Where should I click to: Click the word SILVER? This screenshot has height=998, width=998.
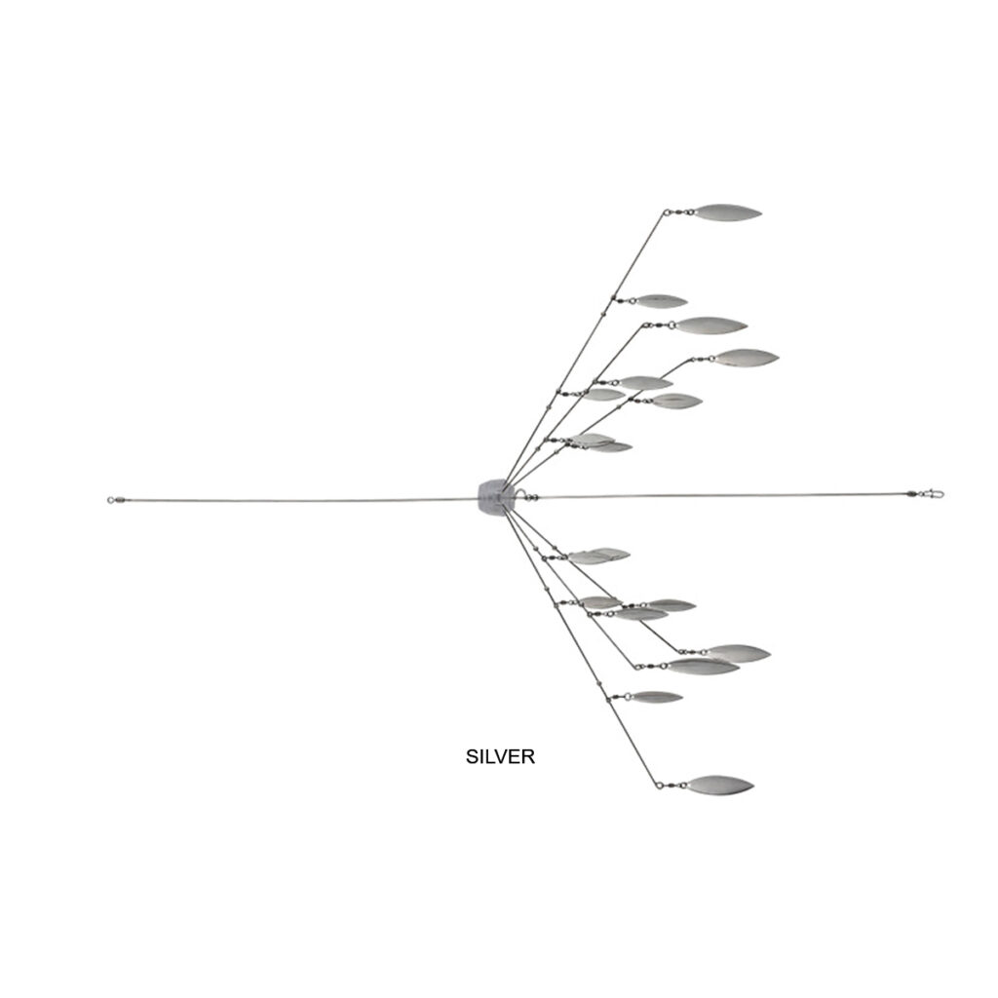[500, 756]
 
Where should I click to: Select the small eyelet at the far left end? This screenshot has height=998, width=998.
[111, 501]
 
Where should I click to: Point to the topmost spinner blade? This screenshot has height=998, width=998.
[727, 211]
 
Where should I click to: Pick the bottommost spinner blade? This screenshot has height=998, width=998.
[719, 784]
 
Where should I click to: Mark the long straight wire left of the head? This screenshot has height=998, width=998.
[292, 500]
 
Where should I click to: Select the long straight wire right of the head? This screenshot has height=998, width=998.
[721, 496]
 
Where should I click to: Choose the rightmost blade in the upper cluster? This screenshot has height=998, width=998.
[746, 358]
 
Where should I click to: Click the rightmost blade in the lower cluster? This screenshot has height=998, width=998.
[738, 653]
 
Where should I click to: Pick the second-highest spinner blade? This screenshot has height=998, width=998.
[661, 301]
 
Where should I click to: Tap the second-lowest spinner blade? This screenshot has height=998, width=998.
[656, 697]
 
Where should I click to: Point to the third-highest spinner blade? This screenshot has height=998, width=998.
[710, 326]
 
